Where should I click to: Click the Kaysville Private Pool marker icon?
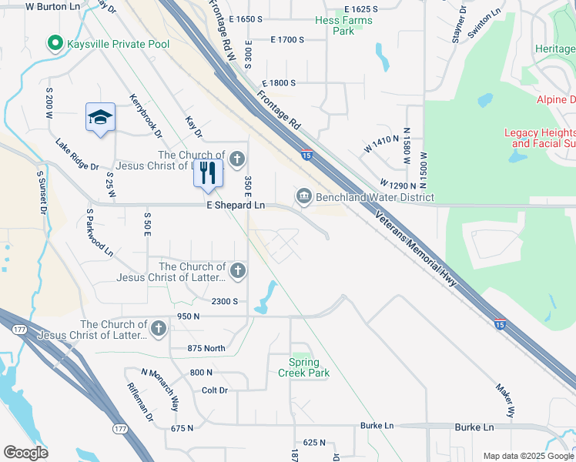(x=55, y=43)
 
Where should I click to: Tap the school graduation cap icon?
(x=100, y=118)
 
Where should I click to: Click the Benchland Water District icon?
(x=303, y=197)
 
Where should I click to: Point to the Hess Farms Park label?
(x=343, y=26)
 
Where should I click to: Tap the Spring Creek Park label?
(x=303, y=368)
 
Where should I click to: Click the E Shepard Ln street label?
(x=235, y=206)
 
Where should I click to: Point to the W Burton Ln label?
(x=52, y=5)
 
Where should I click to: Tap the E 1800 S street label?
(x=279, y=82)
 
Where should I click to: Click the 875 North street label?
(x=206, y=349)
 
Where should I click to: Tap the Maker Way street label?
(x=505, y=400)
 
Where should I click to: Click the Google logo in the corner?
(x=25, y=453)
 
